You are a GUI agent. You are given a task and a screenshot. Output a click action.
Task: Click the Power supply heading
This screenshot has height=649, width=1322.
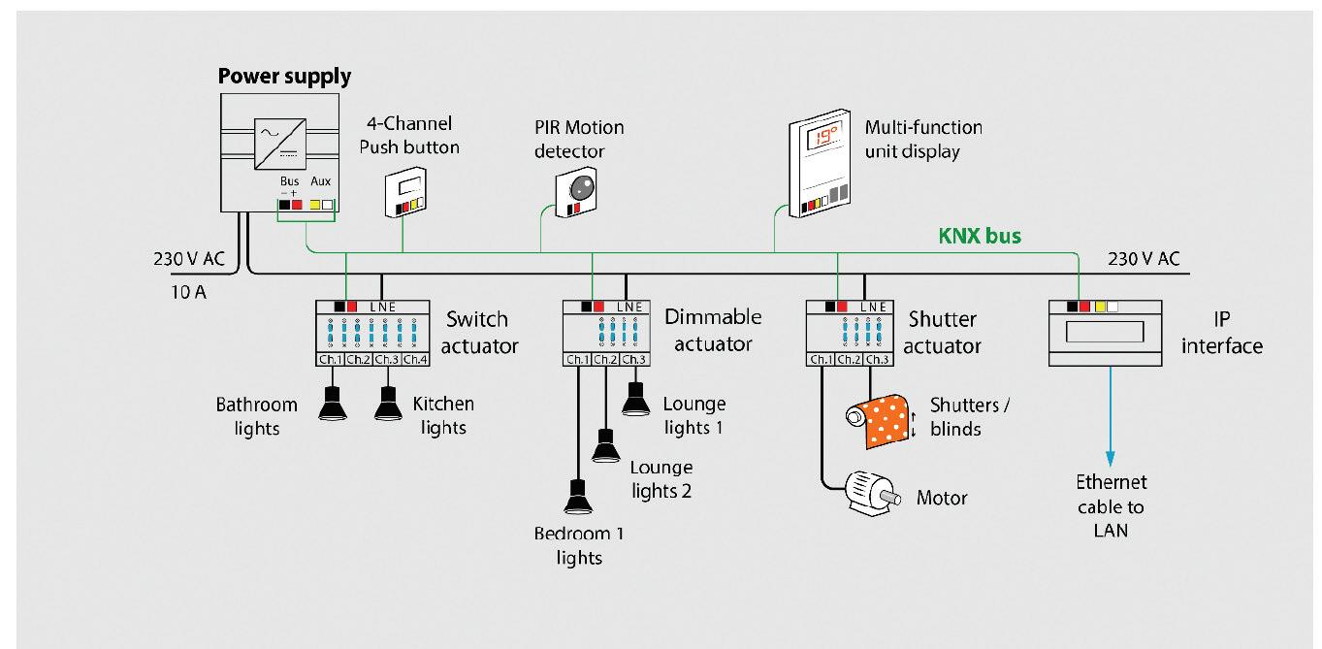tap(284, 76)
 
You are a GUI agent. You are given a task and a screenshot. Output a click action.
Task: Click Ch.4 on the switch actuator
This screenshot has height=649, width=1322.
tap(415, 360)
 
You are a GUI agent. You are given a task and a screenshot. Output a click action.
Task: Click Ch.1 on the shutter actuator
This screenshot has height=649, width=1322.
tap(821, 360)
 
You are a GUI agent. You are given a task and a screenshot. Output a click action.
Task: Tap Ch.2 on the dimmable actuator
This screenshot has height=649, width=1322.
tap(605, 360)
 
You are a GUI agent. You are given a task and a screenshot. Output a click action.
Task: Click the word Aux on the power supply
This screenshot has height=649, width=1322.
tap(320, 182)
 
